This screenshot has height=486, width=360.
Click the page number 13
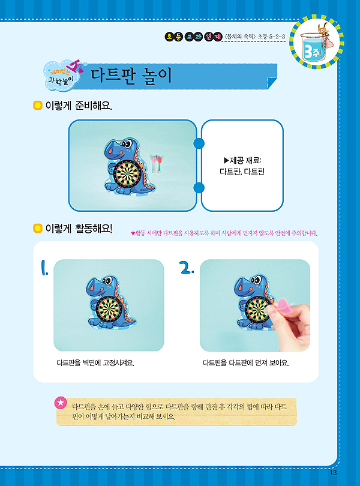click(334, 472)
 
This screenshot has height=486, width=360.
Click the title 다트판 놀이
click(131, 76)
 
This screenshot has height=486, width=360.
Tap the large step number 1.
click(44, 268)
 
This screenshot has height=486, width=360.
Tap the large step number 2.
click(187, 268)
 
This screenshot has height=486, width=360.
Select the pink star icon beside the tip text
click(61, 403)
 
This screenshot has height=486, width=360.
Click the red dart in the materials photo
click(160, 163)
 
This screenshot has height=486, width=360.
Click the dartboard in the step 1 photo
click(108, 310)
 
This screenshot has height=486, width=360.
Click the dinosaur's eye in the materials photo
click(127, 144)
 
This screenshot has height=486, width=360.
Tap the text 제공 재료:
click(242, 160)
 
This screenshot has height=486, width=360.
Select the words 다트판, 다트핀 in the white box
click(242, 172)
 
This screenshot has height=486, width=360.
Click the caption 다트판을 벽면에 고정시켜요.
click(95, 362)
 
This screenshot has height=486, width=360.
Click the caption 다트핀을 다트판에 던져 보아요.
click(246, 362)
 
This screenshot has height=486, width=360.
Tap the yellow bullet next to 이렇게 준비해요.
click(38, 106)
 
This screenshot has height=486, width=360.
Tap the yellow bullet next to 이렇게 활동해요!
click(38, 229)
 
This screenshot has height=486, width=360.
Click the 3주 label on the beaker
click(312, 51)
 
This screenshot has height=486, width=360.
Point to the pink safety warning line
click(224, 233)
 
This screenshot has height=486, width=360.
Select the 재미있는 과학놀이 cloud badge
click(62, 76)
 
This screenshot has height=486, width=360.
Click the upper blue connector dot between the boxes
click(199, 143)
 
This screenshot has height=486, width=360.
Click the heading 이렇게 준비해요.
click(79, 106)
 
